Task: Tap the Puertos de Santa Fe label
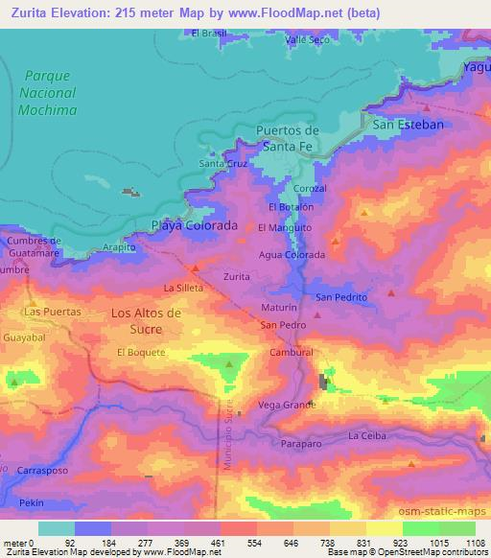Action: [x=288, y=137]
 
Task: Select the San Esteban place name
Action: [x=408, y=126]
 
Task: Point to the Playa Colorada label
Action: [x=195, y=226]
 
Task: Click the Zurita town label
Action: [x=236, y=276]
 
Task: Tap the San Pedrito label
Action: [x=341, y=298]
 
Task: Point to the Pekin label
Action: [x=33, y=502]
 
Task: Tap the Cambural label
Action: [x=292, y=353]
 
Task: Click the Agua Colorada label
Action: [x=292, y=255]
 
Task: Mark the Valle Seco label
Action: [x=307, y=39]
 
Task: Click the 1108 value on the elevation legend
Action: [x=474, y=544]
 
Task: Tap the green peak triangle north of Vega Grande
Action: [x=229, y=364]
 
